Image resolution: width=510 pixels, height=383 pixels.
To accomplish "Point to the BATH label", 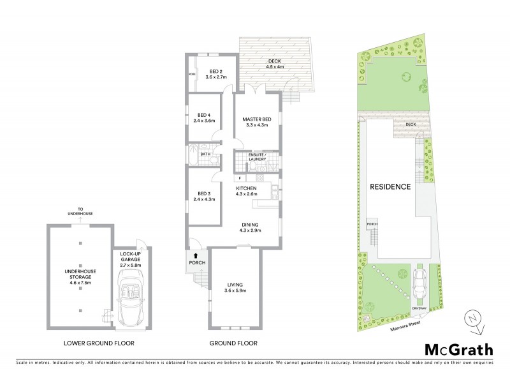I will tap(205, 154).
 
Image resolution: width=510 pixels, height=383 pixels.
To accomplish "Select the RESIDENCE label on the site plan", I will tap(390, 187).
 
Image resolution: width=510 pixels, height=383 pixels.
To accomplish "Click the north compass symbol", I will tap(470, 318).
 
